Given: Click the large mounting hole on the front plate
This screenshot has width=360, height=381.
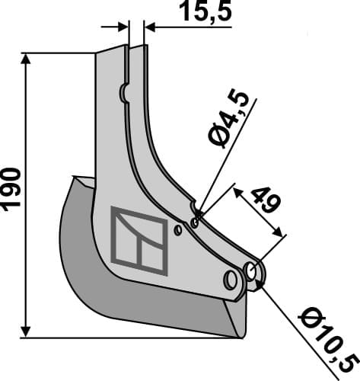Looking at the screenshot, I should coord(229,280).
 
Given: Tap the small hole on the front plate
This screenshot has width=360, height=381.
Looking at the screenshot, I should coord(177,229).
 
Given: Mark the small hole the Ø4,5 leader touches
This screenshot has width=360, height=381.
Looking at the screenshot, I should coord(195,223).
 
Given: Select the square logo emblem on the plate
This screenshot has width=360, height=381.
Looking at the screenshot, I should coord(139,240).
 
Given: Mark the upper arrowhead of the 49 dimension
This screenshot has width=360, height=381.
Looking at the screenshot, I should coord(237,187).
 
